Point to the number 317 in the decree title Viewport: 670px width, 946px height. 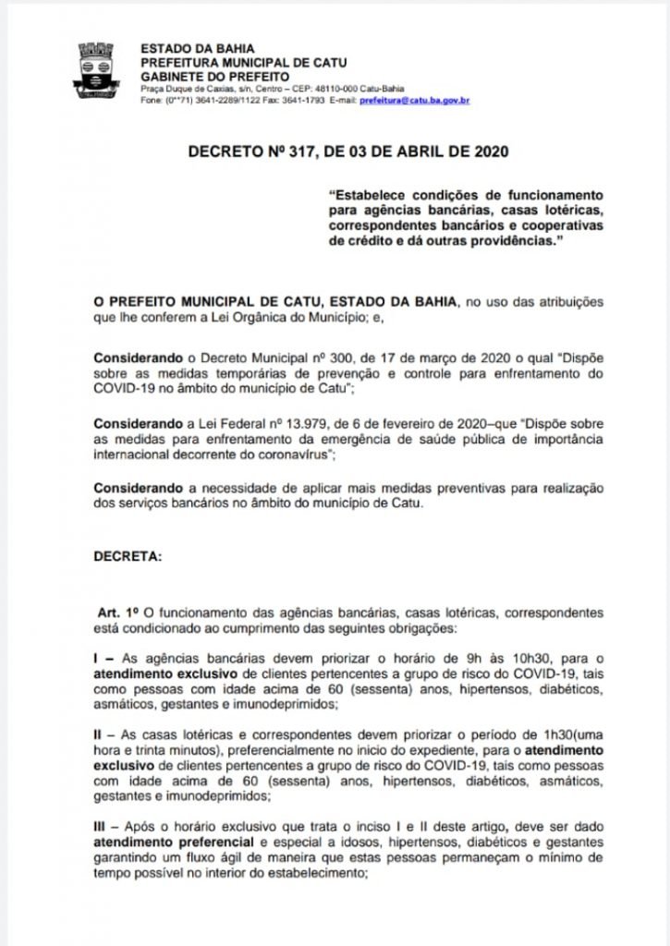pos(306,152)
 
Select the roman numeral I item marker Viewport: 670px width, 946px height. pos(99,657)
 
